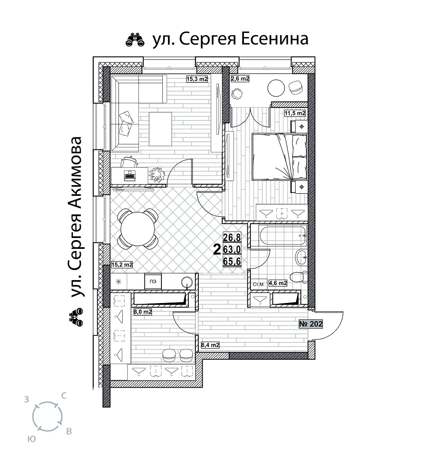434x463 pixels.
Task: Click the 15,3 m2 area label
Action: [197, 79]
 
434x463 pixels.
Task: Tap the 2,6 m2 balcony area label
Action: [240, 78]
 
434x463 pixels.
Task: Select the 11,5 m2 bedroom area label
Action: [295, 113]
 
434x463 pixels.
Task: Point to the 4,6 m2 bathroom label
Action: [278, 283]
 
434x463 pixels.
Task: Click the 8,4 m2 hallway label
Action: [210, 345]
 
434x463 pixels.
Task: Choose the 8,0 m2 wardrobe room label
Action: [143, 312]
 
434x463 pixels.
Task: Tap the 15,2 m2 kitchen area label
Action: [122, 265]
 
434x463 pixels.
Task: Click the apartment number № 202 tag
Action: [311, 324]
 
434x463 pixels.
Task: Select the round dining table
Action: [138, 229]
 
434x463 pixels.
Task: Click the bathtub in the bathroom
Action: [283, 236]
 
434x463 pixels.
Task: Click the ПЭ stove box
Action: [153, 282]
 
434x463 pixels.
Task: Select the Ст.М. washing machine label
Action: [259, 285]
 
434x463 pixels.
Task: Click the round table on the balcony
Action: [276, 88]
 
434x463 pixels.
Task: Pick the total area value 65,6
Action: [232, 261]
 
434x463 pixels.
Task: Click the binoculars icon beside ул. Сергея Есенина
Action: [135, 40]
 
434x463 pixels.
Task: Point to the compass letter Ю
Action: [31, 439]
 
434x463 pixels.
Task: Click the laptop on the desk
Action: [130, 176]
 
